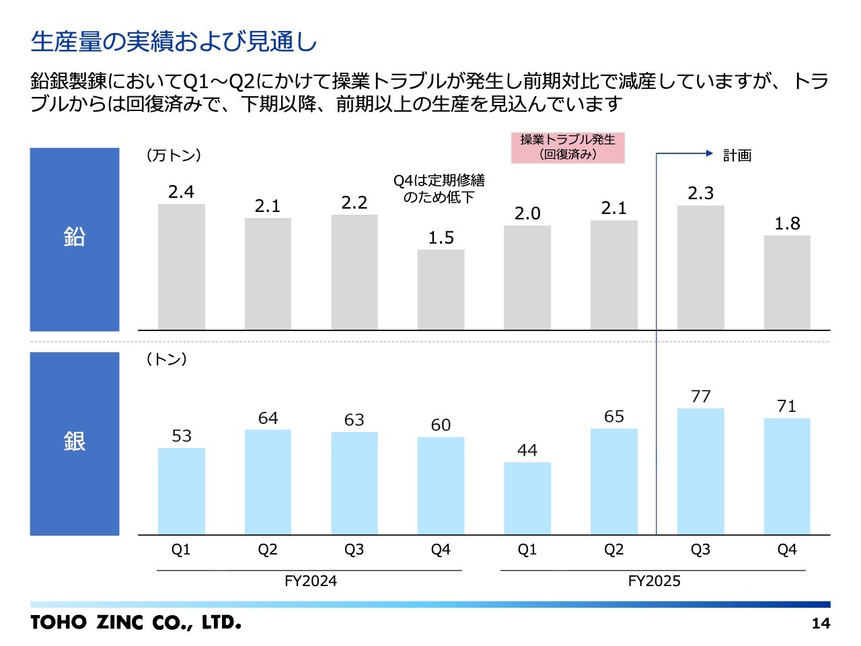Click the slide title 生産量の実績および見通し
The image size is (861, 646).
[174, 42]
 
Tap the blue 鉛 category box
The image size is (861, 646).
[75, 240]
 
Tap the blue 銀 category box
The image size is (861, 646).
[75, 443]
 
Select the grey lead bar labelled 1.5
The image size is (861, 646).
[441, 290]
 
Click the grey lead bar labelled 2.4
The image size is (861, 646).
[181, 267]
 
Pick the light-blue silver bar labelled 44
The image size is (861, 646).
[527, 498]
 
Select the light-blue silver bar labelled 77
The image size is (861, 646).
[700, 471]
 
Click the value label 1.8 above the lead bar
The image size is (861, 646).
[787, 223]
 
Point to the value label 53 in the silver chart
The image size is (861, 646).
[182, 436]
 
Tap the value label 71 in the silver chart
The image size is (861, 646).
[786, 406]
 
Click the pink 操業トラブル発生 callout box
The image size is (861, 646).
[568, 147]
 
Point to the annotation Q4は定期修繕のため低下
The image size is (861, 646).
[439, 188]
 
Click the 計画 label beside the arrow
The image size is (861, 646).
[737, 155]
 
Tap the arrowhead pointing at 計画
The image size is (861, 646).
[709, 153]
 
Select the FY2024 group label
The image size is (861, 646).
[310, 581]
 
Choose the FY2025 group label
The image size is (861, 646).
[654, 581]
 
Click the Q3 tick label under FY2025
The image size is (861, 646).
[700, 550]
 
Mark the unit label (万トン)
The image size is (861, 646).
[174, 155]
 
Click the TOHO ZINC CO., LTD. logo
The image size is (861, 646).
[136, 622]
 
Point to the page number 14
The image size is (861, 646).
[821, 623]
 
